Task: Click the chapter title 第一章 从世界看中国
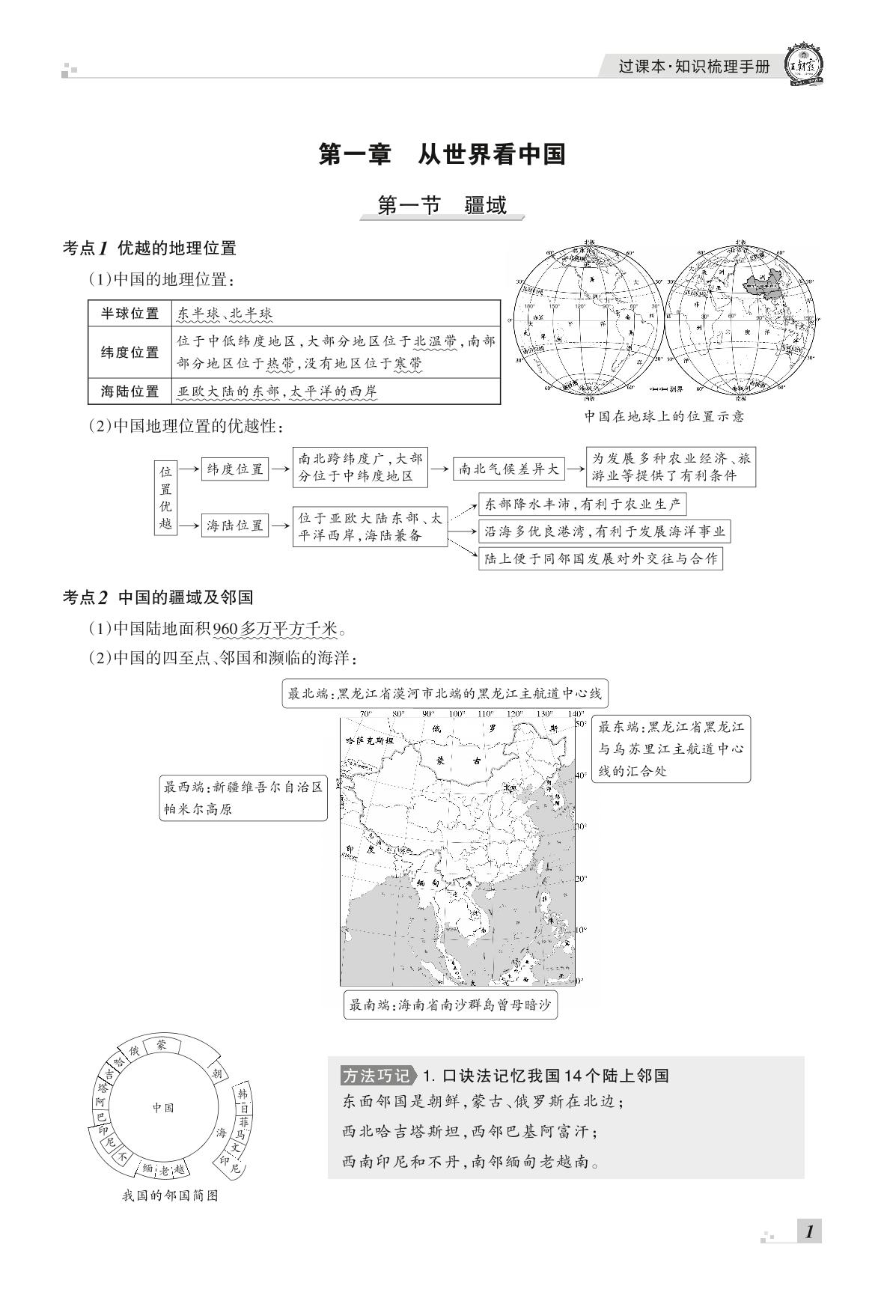point(442,155)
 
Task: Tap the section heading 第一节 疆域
point(442,205)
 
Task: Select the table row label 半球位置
point(129,314)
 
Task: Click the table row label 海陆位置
point(129,391)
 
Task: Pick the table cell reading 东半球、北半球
point(225,314)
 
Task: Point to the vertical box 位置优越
point(165,498)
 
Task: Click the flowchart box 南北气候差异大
point(508,469)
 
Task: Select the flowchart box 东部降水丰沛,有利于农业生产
point(582,504)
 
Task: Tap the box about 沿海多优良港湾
point(604,531)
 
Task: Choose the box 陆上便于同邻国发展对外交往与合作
point(600,558)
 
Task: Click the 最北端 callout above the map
point(444,694)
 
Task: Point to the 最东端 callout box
point(671,749)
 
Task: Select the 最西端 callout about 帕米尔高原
point(243,798)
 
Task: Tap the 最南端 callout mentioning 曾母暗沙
point(450,1005)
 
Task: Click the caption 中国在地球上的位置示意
point(664,417)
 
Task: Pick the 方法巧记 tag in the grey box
point(376,1076)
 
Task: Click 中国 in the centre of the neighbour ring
point(163,1108)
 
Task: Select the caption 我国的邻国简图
point(170,1195)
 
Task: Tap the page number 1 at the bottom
point(808,1232)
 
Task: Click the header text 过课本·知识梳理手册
point(693,67)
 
